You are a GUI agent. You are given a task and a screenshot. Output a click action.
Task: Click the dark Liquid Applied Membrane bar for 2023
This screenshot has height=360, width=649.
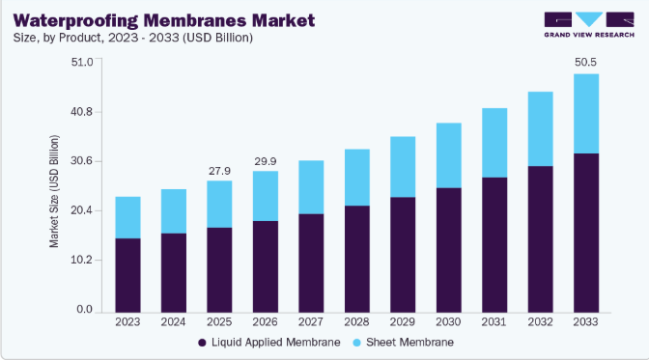click(x=127, y=275)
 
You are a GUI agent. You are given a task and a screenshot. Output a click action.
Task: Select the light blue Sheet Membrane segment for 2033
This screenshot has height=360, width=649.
click(x=586, y=114)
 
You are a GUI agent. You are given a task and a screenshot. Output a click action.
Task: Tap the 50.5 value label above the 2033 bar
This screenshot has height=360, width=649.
click(x=585, y=62)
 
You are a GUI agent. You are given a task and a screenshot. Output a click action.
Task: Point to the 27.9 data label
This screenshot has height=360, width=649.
click(x=219, y=171)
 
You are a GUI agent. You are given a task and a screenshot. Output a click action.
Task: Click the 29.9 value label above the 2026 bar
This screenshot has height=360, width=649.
click(x=266, y=161)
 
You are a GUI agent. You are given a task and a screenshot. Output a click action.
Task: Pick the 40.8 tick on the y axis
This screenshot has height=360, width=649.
click(x=81, y=112)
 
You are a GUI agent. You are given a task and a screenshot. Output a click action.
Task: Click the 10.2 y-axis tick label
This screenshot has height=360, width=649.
click(x=81, y=260)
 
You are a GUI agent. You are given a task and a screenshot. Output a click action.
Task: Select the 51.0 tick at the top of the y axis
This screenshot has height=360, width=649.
click(x=82, y=62)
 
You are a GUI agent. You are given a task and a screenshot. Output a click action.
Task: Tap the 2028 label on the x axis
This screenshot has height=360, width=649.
click(x=356, y=322)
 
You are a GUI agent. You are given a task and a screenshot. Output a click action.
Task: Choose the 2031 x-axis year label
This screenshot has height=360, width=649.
click(x=494, y=322)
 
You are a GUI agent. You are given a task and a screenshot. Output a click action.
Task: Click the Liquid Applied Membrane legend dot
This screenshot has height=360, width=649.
click(x=202, y=343)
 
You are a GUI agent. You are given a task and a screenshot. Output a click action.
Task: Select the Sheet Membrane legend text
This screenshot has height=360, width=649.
click(x=409, y=343)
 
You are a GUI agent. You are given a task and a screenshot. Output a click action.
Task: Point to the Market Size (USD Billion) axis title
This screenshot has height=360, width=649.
click(x=54, y=192)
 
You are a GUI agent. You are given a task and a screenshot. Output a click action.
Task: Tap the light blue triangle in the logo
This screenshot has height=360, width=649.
click(x=589, y=19)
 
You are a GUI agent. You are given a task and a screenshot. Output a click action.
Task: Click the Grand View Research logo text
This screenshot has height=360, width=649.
click(x=589, y=35)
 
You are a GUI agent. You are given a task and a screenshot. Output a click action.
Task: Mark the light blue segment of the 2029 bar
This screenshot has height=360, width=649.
click(x=403, y=167)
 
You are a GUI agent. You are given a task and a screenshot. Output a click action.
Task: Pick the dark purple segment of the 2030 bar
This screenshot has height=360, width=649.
click(x=449, y=250)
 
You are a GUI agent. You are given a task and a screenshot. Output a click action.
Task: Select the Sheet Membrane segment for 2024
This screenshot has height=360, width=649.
click(x=174, y=211)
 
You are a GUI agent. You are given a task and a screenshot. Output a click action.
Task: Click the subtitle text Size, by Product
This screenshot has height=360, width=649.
click(x=57, y=38)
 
